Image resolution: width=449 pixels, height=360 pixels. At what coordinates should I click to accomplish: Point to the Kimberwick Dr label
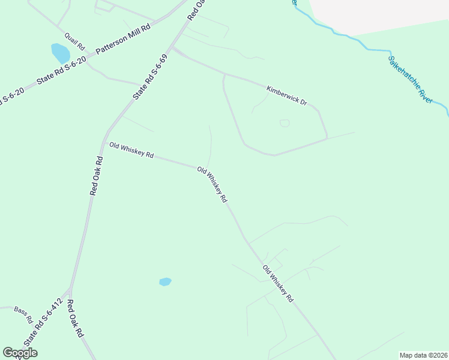[x=286, y=96]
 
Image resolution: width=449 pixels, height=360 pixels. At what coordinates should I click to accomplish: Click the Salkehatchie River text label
[x=410, y=80]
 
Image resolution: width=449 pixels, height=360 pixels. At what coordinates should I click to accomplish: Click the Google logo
[x=20, y=353]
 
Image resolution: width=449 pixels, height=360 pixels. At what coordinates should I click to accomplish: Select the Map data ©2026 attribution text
[x=423, y=355]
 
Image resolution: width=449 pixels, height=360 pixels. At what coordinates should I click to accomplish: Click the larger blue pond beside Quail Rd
[x=60, y=53]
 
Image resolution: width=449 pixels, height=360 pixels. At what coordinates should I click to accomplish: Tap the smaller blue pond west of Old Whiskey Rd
[x=165, y=281]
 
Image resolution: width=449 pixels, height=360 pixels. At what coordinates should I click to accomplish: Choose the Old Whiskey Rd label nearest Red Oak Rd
[x=131, y=151]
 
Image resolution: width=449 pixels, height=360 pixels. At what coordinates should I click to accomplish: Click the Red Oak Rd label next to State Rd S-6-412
[x=74, y=319]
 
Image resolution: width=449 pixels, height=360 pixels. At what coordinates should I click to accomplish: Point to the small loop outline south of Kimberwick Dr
[x=285, y=123]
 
